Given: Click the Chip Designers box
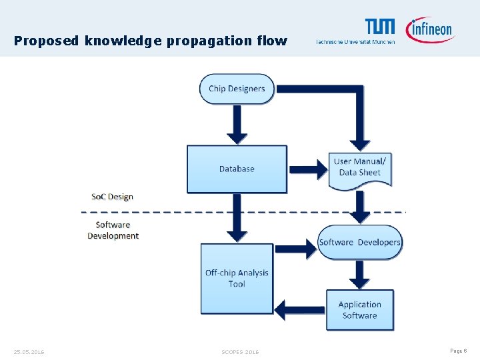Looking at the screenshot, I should (x=237, y=89).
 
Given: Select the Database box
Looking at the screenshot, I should (x=237, y=169).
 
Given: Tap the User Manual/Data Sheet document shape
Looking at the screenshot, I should (x=360, y=168).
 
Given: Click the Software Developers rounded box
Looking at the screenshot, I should (x=360, y=242).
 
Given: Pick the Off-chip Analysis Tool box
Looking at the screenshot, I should (x=237, y=278).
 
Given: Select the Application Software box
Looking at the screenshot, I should (x=360, y=310).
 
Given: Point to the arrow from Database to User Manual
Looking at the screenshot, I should (x=308, y=169).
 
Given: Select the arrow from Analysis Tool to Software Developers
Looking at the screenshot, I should (x=295, y=249).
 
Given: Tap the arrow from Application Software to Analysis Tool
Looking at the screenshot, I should (x=300, y=310).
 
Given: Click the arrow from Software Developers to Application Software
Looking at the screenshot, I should (x=360, y=274).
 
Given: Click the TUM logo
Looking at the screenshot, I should (x=379, y=27).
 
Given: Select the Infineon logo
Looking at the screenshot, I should (x=429, y=29).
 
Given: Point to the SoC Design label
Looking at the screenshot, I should (x=112, y=197).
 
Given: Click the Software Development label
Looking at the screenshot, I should (x=113, y=230).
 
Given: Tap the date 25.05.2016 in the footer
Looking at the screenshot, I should (x=29, y=351).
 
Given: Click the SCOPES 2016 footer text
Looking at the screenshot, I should (x=240, y=351).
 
